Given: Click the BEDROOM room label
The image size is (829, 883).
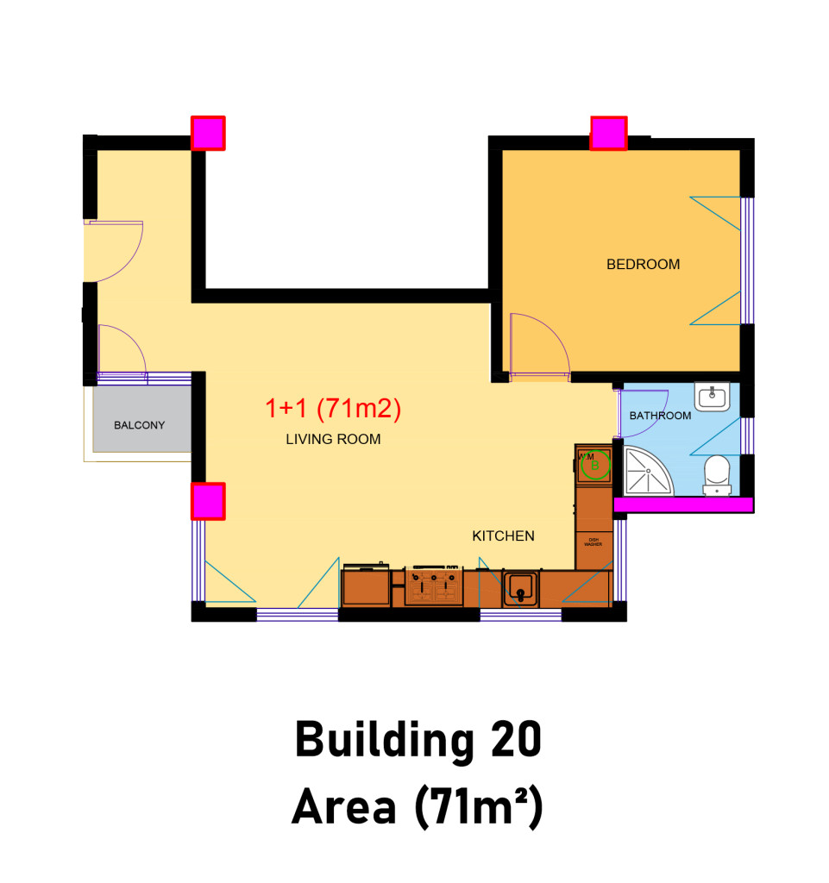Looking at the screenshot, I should (643, 265).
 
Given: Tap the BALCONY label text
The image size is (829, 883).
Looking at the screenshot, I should (139, 425).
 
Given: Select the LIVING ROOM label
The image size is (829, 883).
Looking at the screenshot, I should (333, 440).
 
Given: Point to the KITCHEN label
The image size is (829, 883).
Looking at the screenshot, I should (503, 535).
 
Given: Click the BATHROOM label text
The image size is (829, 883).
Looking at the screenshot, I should (660, 416).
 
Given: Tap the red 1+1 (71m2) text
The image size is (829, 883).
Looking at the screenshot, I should (333, 410).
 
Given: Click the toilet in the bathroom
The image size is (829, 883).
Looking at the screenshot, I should (716, 475).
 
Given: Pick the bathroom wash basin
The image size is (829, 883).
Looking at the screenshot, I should (712, 397).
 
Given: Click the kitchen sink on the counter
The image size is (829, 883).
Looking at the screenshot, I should (520, 589).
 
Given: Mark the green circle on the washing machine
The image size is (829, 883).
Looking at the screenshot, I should (593, 467).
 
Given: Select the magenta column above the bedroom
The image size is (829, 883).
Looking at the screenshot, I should (608, 134).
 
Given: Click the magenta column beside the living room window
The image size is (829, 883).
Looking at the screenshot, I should (208, 501).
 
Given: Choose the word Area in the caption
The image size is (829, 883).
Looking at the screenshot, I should (344, 808).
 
